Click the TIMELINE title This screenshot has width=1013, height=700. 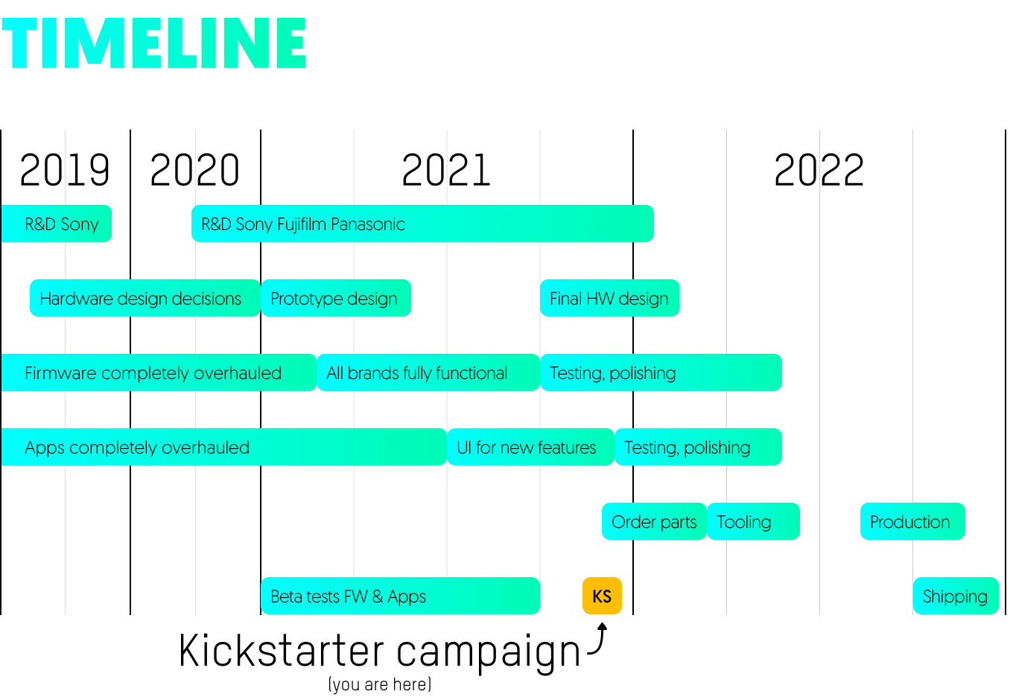click(x=153, y=43)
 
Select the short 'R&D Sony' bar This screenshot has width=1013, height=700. click(x=57, y=223)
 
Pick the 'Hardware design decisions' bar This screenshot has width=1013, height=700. click(x=145, y=298)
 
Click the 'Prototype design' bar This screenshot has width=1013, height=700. click(x=335, y=298)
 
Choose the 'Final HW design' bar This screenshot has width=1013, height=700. click(x=609, y=298)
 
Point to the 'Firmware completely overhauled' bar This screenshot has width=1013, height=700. click(x=158, y=372)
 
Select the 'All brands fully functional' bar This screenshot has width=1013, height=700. click(x=428, y=372)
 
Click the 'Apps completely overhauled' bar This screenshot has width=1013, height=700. click(x=223, y=447)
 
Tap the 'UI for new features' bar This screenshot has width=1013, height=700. click(x=530, y=447)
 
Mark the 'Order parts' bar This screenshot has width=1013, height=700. click(x=654, y=521)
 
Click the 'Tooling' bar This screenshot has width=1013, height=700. click(x=753, y=521)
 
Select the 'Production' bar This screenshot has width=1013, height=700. click(x=912, y=521)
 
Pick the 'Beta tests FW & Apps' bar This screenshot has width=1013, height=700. click(x=400, y=596)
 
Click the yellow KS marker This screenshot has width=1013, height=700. click(x=602, y=596)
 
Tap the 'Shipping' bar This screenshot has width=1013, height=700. click(x=956, y=596)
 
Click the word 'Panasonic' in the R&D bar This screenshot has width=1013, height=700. click(x=367, y=224)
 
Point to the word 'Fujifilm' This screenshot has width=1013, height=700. click(x=302, y=224)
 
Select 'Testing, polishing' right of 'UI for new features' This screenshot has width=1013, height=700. click(x=698, y=447)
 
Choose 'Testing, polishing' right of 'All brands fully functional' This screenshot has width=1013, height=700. click(x=661, y=372)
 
